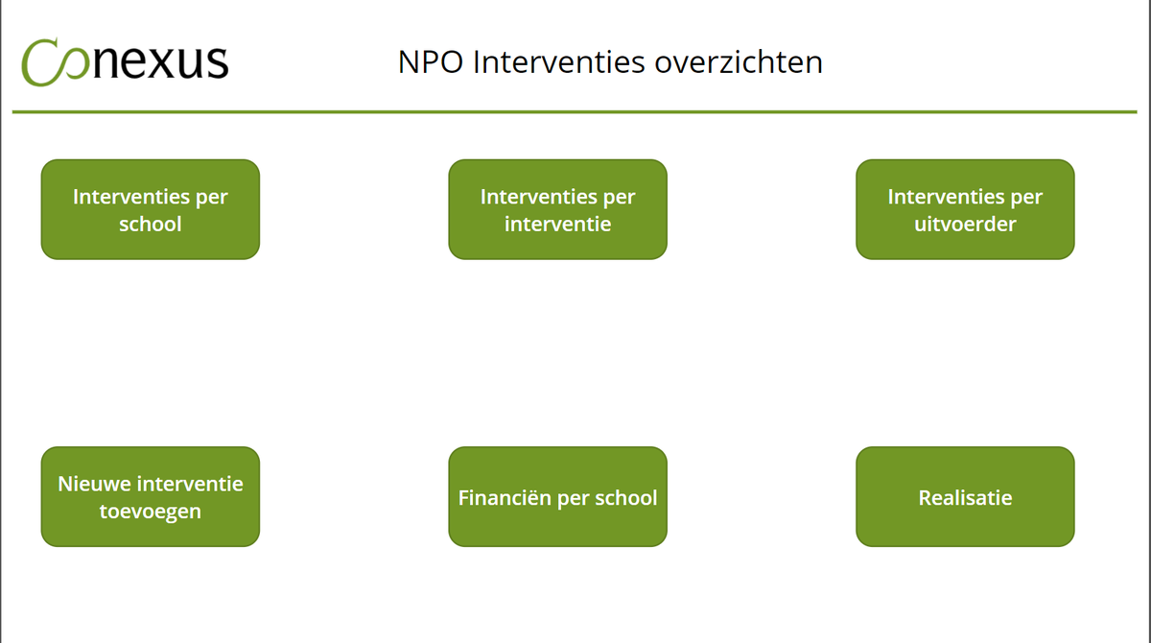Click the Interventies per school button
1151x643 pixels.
click(150, 209)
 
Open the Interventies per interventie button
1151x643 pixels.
click(557, 209)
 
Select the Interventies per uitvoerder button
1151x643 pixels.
click(965, 209)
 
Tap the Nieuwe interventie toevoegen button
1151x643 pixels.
click(150, 496)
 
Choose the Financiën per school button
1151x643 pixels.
click(557, 496)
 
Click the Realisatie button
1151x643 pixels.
click(965, 496)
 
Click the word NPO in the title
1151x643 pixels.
click(431, 62)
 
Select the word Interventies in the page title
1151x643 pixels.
click(558, 62)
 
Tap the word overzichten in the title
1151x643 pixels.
click(739, 62)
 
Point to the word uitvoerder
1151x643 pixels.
click(965, 224)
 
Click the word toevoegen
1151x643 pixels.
click(150, 512)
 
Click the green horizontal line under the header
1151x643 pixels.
click(575, 111)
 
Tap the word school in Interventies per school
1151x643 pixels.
click(150, 224)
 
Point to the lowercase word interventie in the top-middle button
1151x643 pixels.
click(557, 224)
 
